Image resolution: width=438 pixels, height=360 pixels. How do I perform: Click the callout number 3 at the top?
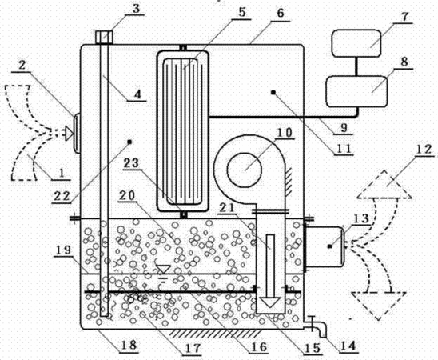point(136,9)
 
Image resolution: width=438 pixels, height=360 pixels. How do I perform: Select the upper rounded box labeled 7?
point(356,43)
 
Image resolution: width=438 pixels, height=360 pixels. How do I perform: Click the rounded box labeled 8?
point(356,91)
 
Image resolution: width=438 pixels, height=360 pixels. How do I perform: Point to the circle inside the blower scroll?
point(245,170)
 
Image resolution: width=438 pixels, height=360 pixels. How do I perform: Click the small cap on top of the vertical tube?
point(104,37)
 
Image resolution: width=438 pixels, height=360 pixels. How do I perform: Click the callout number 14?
point(348,346)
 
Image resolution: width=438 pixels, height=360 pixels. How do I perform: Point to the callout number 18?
point(129,344)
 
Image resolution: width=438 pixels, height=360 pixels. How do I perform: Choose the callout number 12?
point(424,150)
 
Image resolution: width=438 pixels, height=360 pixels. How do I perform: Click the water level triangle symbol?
point(163,269)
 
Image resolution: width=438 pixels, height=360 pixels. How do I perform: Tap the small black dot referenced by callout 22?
point(129,142)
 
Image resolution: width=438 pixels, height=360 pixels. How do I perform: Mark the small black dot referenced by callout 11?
point(273,93)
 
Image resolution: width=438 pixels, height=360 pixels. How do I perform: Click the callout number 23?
point(131,163)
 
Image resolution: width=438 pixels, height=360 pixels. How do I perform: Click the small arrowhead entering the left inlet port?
point(69,134)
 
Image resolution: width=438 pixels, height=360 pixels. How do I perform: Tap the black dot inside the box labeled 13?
point(330,246)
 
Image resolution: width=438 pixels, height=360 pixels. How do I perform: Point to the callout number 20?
point(127,196)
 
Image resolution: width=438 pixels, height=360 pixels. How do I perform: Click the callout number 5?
point(242,12)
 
